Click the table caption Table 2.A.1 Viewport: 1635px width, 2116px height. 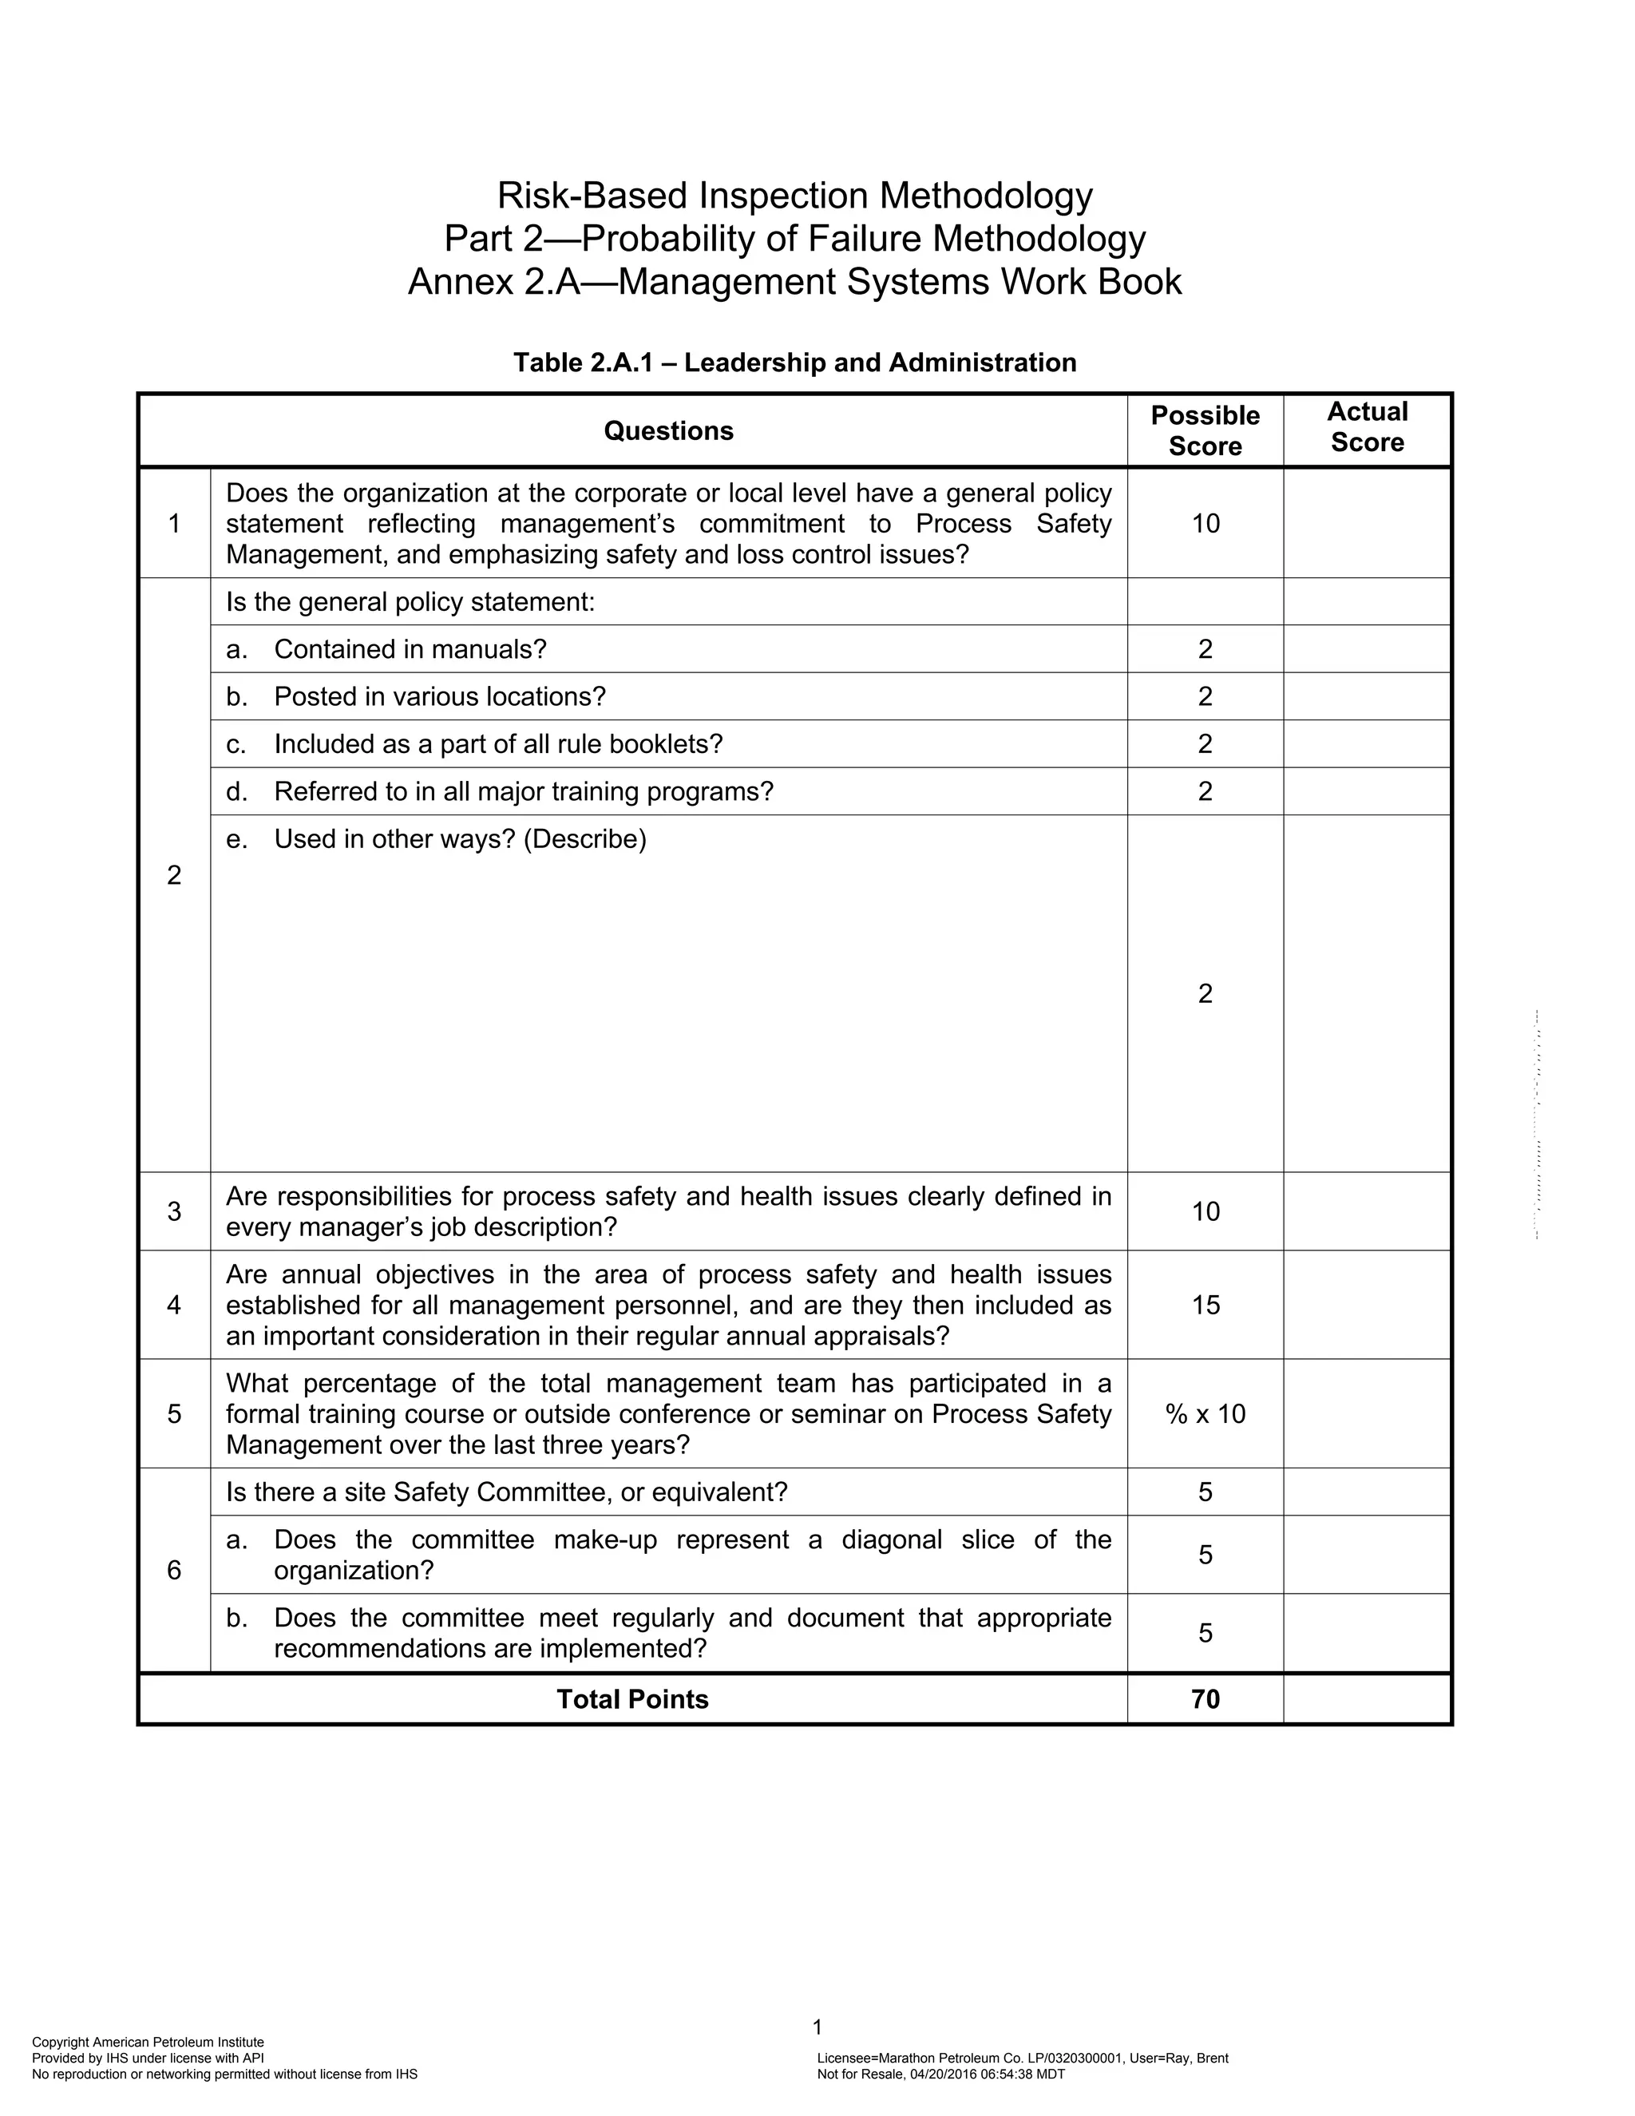(794, 363)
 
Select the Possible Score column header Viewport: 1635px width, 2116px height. (1205, 430)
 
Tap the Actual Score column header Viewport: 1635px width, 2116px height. (1367, 427)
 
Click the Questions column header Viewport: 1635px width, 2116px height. (668, 430)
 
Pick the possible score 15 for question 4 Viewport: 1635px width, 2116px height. (1205, 1305)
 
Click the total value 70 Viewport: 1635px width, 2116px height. (1205, 1698)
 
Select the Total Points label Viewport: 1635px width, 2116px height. (632, 1698)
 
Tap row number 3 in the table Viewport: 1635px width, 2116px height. (174, 1211)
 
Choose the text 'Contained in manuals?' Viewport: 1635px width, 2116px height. (410, 649)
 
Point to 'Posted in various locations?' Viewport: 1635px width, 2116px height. (439, 696)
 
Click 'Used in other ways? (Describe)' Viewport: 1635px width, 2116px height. (459, 839)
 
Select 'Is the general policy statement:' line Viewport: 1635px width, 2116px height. (410, 602)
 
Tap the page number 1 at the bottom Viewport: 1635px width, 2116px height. (817, 2027)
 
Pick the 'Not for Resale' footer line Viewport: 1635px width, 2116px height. (940, 2074)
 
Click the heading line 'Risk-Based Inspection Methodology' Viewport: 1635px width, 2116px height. (794, 196)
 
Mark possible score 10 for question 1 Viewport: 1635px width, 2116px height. (1205, 523)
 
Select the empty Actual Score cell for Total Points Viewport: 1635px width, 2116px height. (1367, 1698)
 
